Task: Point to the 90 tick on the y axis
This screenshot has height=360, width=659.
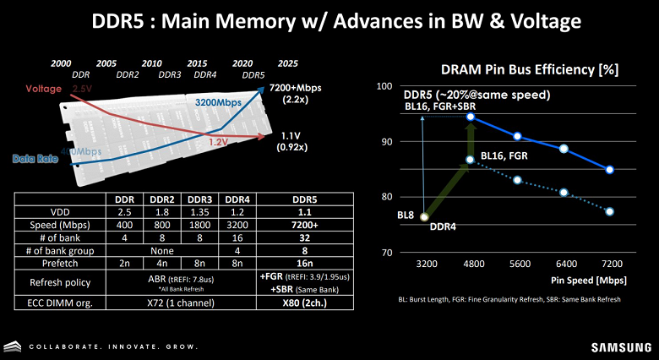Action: click(385, 141)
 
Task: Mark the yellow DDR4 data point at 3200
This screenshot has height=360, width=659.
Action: click(424, 216)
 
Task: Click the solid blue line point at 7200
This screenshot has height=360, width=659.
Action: click(609, 170)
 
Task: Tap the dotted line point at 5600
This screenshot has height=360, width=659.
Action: click(517, 180)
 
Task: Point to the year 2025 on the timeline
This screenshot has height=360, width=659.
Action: click(287, 63)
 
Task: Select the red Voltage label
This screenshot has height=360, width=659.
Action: click(43, 88)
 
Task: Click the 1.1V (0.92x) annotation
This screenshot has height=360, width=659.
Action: click(291, 140)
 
